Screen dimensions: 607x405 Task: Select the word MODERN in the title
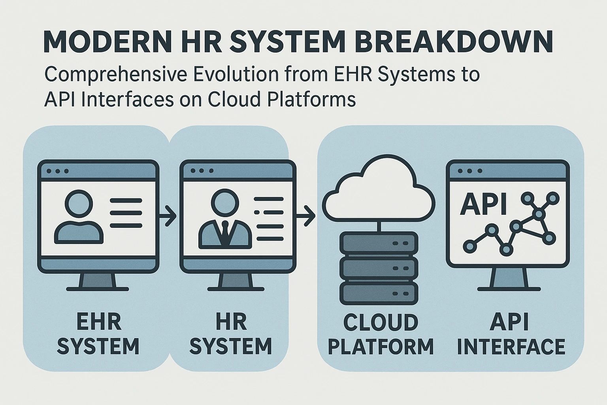click(x=107, y=42)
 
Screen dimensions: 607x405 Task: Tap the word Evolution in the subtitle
click(x=236, y=74)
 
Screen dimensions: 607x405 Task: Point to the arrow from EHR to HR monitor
click(x=168, y=216)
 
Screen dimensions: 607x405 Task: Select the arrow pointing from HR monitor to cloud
click(x=305, y=216)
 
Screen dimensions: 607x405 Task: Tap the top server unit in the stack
click(x=379, y=243)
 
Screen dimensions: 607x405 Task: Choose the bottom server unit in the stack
click(x=379, y=293)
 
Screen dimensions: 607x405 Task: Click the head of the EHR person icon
click(x=79, y=203)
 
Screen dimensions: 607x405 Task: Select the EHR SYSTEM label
click(x=98, y=334)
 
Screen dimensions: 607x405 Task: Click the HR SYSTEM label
click(x=231, y=334)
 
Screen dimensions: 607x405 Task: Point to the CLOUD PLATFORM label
click(x=381, y=335)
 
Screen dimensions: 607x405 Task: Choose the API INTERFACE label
click(x=511, y=335)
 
